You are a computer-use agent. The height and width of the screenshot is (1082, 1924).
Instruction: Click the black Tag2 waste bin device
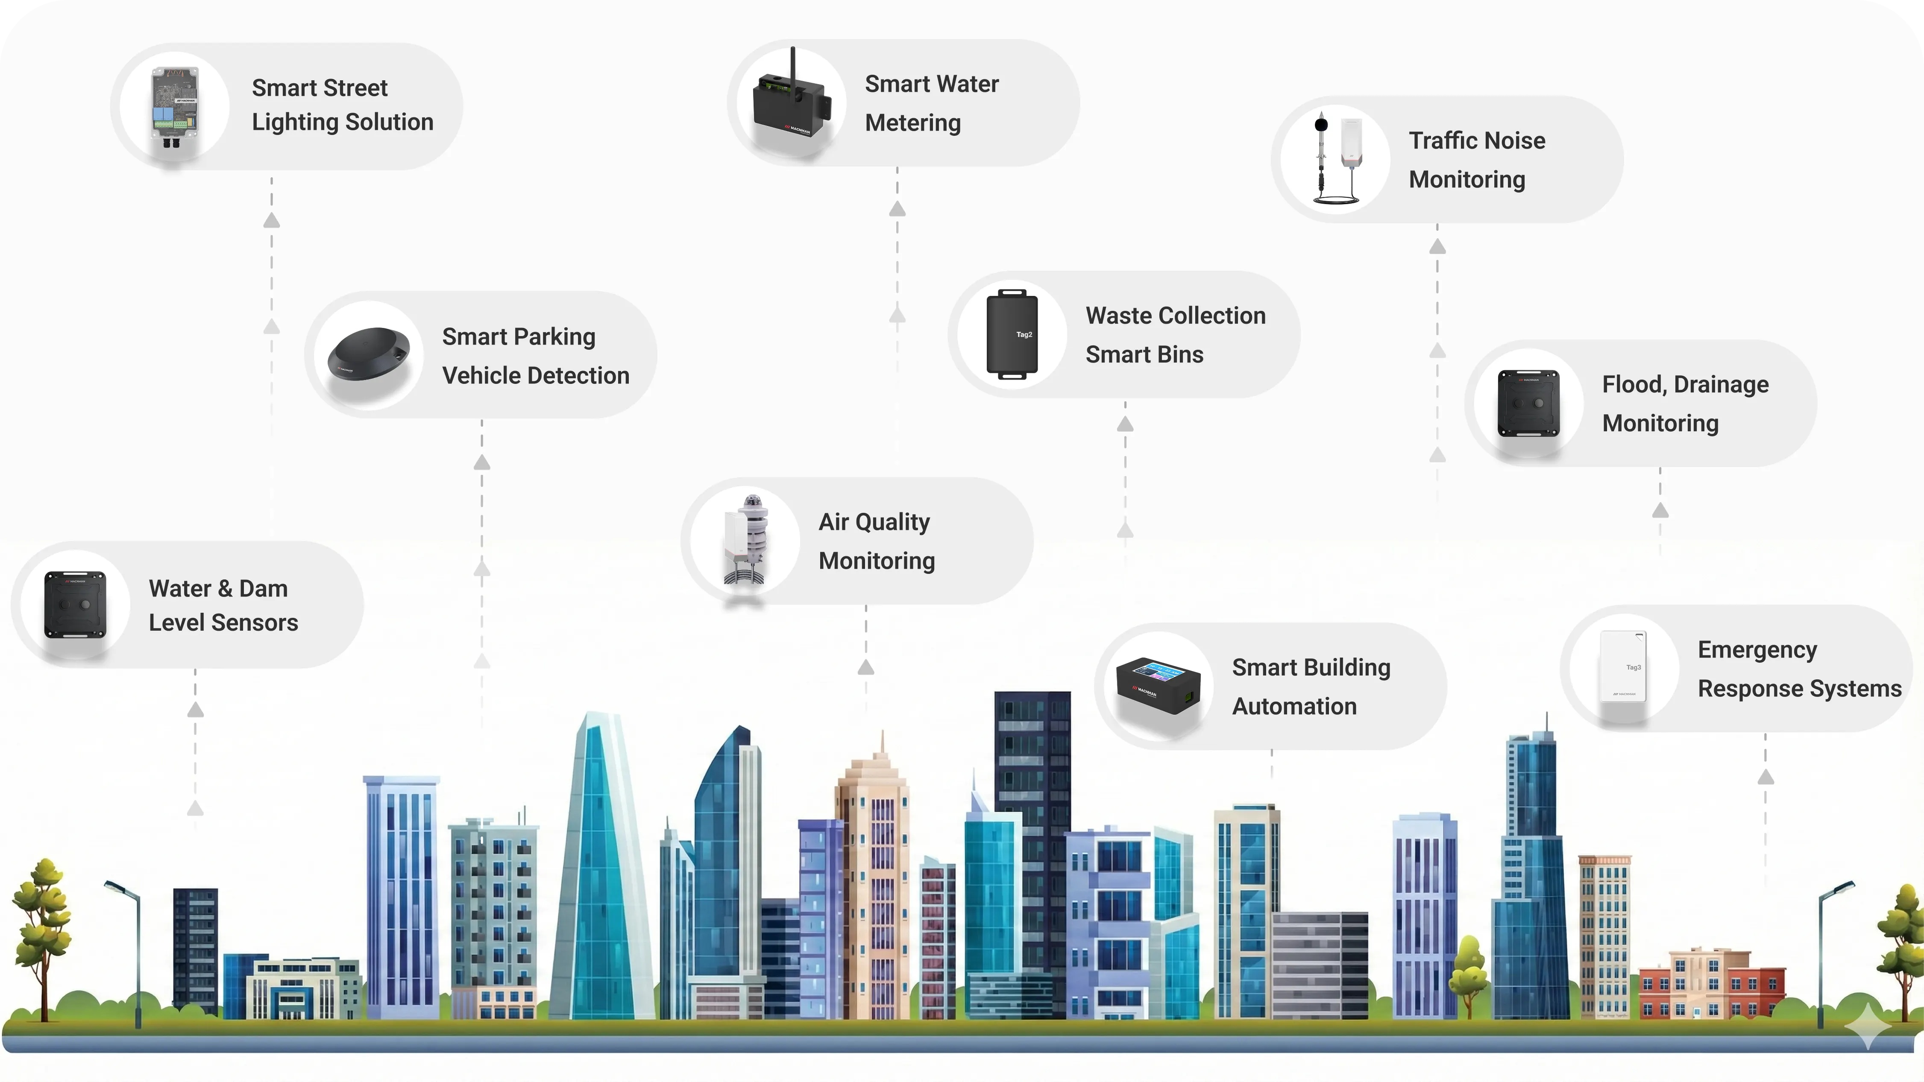coord(1012,334)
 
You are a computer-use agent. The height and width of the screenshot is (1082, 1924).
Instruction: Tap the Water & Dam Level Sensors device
coord(76,605)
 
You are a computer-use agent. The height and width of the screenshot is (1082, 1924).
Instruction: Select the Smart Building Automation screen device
coord(1158,685)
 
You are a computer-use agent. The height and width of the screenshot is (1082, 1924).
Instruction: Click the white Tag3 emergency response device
coord(1623,667)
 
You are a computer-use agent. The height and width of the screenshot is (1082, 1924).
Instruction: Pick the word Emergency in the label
coord(1757,649)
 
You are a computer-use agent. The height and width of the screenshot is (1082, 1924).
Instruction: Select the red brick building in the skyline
coord(1710,985)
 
